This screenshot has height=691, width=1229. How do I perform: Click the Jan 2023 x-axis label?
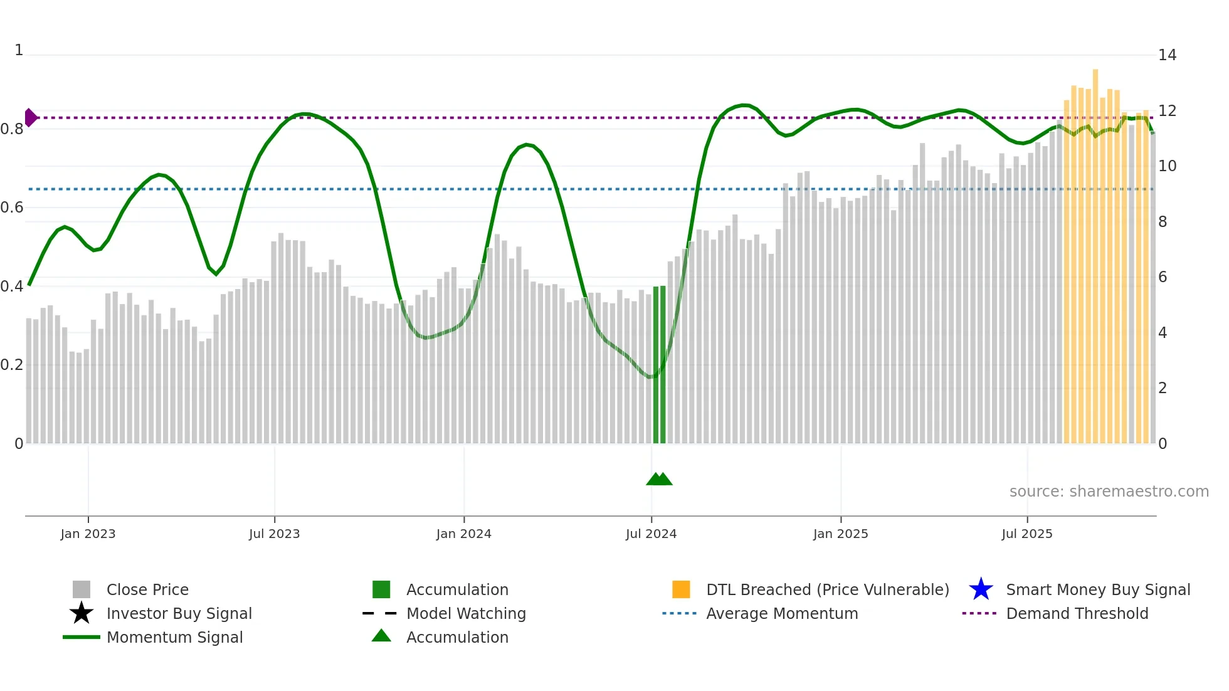[88, 534]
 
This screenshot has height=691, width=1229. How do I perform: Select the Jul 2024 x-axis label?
[651, 534]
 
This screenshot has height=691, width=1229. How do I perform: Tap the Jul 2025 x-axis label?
[1026, 534]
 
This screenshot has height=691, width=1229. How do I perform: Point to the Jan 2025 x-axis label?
[840, 534]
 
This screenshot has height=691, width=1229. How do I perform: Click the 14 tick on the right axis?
[1167, 55]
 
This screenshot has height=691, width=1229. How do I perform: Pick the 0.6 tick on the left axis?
[12, 208]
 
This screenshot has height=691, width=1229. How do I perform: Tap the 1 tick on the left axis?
[19, 50]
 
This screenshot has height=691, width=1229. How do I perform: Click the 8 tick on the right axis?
[1163, 222]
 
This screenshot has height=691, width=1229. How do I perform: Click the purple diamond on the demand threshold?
[31, 117]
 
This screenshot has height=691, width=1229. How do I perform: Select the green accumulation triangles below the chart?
[659, 479]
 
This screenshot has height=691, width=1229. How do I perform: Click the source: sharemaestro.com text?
[1109, 492]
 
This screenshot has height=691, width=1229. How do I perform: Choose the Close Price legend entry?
[147, 589]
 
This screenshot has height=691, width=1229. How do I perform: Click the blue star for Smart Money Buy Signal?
[981, 589]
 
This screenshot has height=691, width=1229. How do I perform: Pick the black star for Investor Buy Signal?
[82, 613]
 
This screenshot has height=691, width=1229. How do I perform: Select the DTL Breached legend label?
[827, 589]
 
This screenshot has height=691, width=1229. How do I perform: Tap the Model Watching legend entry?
[465, 613]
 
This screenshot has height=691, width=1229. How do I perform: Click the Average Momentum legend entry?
[781, 613]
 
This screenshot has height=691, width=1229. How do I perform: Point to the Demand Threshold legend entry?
[1077, 613]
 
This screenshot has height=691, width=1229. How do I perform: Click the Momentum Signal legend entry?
[174, 637]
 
